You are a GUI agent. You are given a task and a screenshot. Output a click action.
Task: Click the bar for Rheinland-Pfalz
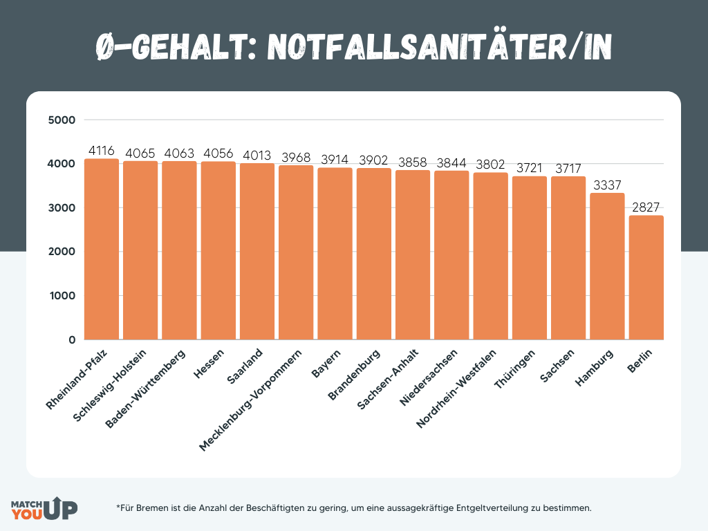[x=102, y=249]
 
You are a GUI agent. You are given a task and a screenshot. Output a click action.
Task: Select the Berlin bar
[x=646, y=277]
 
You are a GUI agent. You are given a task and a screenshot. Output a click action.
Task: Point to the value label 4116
[x=102, y=151]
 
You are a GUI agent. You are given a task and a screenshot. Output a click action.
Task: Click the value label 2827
[x=646, y=207]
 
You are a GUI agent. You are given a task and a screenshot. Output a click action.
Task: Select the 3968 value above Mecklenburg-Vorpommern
[x=296, y=158]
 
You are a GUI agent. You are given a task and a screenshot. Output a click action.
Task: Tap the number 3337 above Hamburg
[x=607, y=185]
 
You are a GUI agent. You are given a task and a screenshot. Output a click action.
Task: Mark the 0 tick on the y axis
[x=71, y=340]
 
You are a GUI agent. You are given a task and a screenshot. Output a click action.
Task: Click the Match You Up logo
[x=44, y=508]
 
